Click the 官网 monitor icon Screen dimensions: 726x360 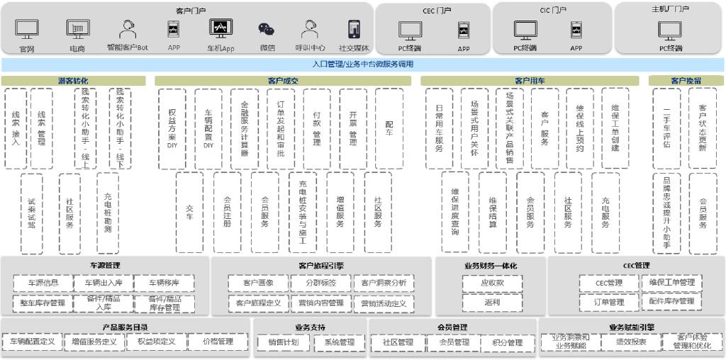[x=27, y=29]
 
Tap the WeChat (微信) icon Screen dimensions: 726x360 [x=267, y=29]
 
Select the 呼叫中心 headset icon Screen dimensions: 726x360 [x=310, y=29]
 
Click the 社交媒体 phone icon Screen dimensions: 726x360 [x=354, y=29]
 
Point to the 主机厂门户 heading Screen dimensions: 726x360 [x=670, y=9]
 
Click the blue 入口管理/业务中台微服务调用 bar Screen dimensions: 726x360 [x=363, y=64]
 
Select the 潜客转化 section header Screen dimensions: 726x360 [x=73, y=81]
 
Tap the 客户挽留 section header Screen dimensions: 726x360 [x=686, y=81]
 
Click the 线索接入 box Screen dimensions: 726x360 [x=16, y=128]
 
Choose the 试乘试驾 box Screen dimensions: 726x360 [x=31, y=213]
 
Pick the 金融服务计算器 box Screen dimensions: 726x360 [x=245, y=128]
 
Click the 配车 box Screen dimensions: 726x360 [x=389, y=128]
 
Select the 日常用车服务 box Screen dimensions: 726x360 [x=439, y=128]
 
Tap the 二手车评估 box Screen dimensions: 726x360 [x=666, y=128]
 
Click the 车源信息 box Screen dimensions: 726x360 [x=43, y=283]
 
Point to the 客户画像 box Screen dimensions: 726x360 [x=258, y=283]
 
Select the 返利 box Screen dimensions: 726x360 [x=492, y=302]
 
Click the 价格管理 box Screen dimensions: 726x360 [x=218, y=342]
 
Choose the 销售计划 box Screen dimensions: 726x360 [x=283, y=342]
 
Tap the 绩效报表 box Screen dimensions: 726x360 [x=631, y=342]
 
